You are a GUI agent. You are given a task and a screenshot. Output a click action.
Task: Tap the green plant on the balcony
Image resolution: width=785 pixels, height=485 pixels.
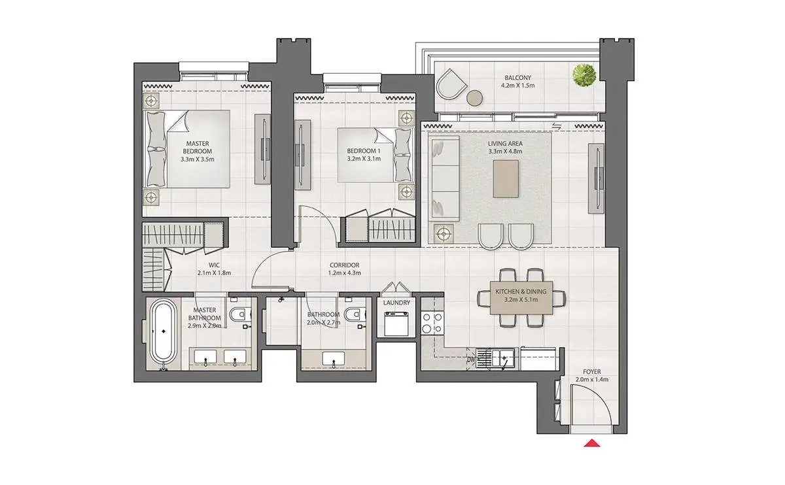[x=584, y=75]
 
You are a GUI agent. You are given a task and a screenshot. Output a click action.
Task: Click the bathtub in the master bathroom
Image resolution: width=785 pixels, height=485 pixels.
[x=163, y=333]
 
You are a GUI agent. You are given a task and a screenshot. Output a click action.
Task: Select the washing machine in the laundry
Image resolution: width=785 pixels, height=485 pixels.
[x=396, y=324]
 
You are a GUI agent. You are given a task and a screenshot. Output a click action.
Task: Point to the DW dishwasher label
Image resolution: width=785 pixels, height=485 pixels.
[x=471, y=360]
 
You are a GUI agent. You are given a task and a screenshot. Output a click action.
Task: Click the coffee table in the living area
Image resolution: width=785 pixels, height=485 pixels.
[x=506, y=178]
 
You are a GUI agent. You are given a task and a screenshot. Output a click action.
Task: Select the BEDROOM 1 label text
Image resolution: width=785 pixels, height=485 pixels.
[x=364, y=151]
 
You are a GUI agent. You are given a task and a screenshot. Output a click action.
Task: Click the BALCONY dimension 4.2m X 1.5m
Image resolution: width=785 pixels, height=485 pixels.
[x=517, y=86]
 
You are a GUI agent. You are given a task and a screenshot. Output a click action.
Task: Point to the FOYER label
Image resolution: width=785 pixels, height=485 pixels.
[x=592, y=371]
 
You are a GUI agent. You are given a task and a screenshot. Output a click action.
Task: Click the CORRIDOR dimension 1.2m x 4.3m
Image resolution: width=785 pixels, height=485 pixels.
[x=345, y=273]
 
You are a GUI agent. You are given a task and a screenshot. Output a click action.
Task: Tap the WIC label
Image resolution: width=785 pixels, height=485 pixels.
[x=214, y=265]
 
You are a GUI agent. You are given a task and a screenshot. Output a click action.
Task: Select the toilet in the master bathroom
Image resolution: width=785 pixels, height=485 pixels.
[x=241, y=314]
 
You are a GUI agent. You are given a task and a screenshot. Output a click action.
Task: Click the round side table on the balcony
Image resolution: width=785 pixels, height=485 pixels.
[x=475, y=97]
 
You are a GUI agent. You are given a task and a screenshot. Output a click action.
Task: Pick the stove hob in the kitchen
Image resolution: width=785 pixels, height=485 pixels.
[x=432, y=322]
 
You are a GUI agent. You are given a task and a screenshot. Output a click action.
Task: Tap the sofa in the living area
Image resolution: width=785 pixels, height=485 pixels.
[x=444, y=178]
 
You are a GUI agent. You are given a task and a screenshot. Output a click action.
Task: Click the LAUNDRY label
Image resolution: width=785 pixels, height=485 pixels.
[x=396, y=303]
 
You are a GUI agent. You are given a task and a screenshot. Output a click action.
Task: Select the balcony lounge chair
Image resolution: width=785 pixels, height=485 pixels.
[x=451, y=84]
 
